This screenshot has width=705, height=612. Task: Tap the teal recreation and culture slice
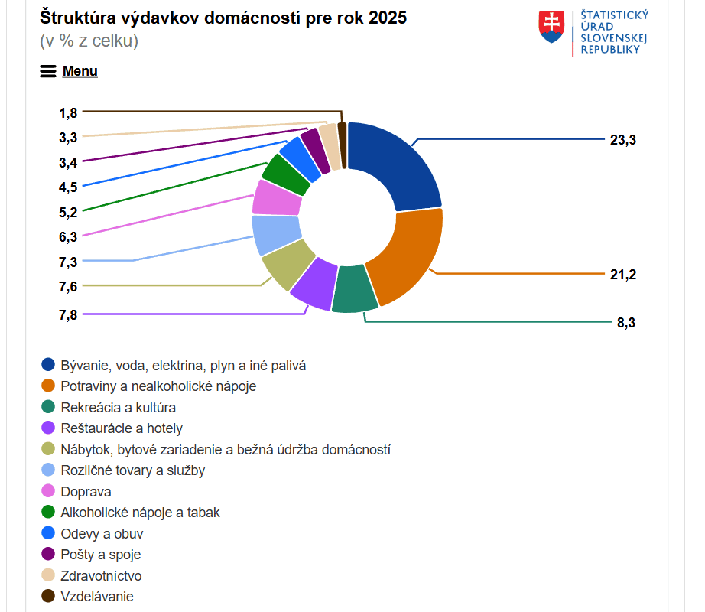[x=354, y=289]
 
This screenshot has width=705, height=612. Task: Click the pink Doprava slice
[x=275, y=198]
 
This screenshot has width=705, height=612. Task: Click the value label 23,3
[x=623, y=140]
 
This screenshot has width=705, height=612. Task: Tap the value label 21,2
[x=623, y=275]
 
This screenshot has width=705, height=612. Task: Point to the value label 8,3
[x=626, y=323]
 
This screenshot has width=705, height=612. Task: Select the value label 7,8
[x=68, y=314]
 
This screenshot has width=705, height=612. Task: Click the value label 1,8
[x=68, y=112]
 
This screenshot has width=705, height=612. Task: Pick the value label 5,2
[x=68, y=212]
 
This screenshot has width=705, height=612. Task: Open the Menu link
[x=80, y=71]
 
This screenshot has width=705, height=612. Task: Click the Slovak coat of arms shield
[x=551, y=27]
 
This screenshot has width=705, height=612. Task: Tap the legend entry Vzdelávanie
[x=97, y=596]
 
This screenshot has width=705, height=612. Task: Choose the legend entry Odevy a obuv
[x=102, y=533]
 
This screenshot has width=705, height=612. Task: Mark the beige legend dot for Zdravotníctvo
[x=48, y=575]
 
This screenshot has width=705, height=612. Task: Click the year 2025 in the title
[x=387, y=18]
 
